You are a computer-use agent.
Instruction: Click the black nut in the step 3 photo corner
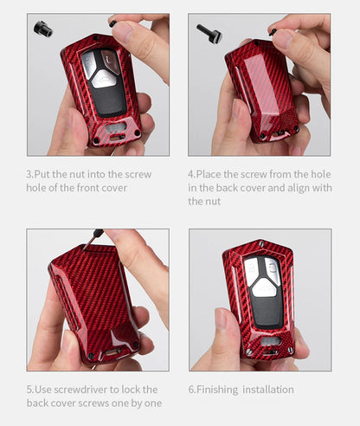(x=43, y=29)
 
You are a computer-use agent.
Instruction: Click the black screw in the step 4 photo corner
(x=209, y=34)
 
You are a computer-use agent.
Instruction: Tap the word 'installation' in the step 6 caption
(x=268, y=390)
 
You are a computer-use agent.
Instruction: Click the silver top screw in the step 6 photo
(x=261, y=244)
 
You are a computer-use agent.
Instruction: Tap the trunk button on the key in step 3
(x=104, y=79)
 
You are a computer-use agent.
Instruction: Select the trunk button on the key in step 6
(x=264, y=288)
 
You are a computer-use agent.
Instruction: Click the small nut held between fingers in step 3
(x=112, y=23)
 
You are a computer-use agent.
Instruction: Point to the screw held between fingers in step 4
(x=273, y=31)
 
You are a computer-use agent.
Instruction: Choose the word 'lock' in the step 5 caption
(x=128, y=390)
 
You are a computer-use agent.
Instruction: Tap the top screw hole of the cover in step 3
(x=96, y=38)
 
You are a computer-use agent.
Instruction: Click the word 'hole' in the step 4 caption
(x=321, y=174)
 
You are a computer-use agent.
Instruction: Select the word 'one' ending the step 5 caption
(x=153, y=403)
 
